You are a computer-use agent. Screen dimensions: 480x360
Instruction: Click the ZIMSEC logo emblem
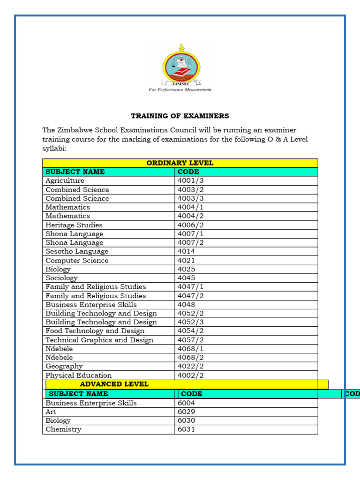click(x=180, y=66)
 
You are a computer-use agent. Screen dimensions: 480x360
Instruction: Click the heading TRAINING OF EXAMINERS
click(x=180, y=116)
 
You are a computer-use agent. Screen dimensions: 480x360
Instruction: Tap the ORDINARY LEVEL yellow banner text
click(x=180, y=163)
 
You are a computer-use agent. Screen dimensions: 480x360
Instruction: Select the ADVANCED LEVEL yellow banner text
click(x=114, y=384)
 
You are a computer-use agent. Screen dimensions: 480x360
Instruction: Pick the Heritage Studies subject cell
click(x=74, y=225)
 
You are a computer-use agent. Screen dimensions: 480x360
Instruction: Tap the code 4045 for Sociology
click(x=186, y=278)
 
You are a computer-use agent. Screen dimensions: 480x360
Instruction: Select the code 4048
click(x=186, y=305)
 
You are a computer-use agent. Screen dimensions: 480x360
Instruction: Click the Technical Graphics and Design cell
click(x=99, y=340)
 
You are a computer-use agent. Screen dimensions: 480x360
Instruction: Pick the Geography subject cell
click(x=64, y=367)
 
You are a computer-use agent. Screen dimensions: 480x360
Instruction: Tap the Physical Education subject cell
click(x=78, y=375)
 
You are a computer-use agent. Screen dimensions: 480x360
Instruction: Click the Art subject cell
click(x=51, y=412)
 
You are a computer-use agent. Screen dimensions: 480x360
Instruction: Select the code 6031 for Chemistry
click(x=186, y=429)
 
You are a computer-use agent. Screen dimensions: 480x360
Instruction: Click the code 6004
click(x=186, y=403)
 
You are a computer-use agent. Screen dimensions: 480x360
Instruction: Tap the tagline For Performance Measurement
click(x=180, y=90)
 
